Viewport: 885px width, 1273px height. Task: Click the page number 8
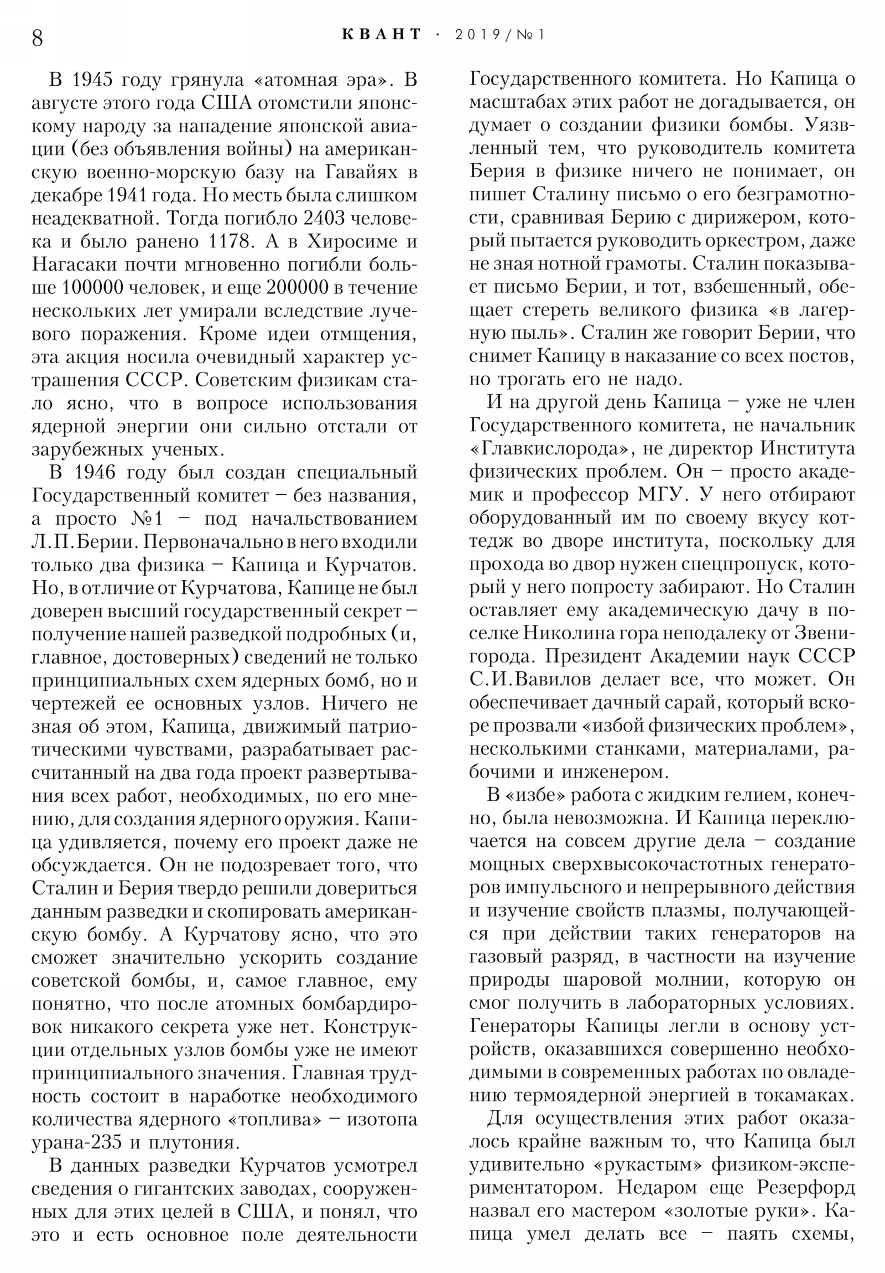pyautogui.click(x=37, y=38)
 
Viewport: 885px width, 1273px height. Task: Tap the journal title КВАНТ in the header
pyautogui.click(x=382, y=34)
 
